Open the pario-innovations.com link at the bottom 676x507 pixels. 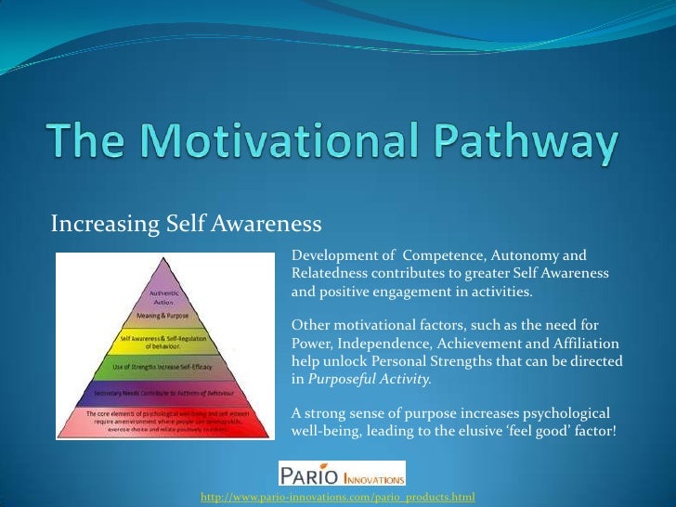(x=338, y=498)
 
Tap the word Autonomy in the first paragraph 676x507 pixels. (x=524, y=255)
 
